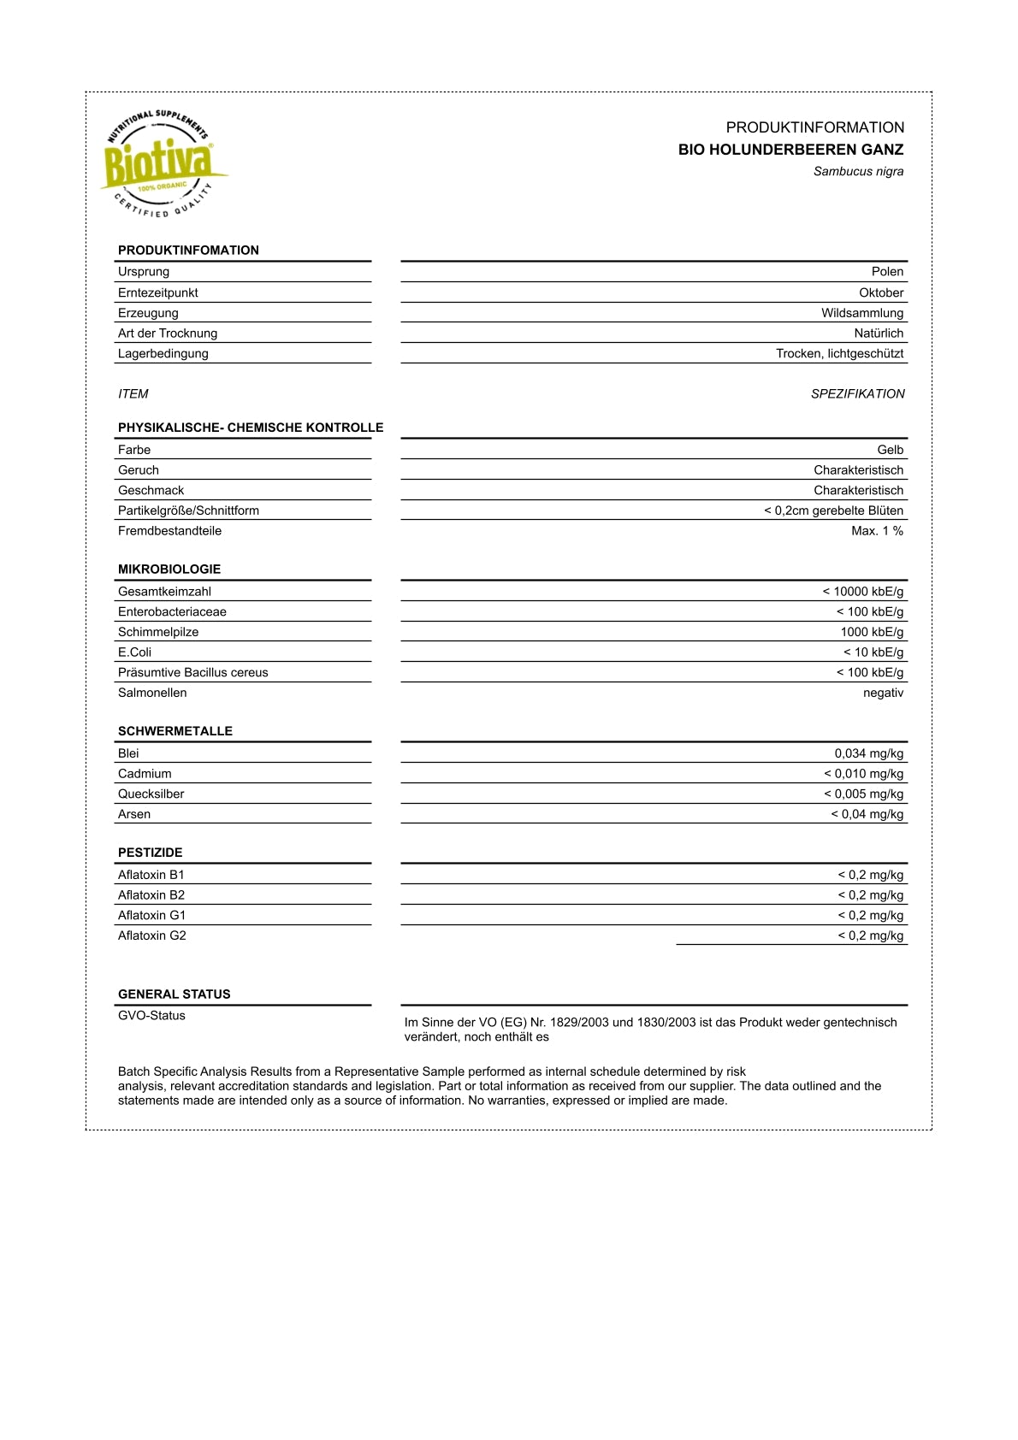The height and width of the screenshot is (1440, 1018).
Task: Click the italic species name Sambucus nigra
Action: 858,171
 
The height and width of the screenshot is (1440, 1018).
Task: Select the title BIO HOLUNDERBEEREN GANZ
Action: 790,150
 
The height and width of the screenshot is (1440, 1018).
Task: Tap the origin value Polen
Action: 887,272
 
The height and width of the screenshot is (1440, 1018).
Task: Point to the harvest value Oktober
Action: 881,292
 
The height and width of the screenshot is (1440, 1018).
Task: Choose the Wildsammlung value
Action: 862,313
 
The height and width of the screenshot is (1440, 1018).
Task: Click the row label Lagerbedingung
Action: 163,353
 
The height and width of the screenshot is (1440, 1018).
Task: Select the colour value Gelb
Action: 890,450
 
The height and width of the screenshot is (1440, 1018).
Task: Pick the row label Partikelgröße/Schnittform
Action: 188,510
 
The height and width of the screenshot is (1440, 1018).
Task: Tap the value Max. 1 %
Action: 877,531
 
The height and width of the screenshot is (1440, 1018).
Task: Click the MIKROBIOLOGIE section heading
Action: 169,570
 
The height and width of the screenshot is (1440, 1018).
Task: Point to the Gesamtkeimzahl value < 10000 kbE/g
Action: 862,592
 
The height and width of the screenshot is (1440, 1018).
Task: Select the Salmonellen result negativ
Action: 883,693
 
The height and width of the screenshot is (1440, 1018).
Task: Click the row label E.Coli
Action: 134,652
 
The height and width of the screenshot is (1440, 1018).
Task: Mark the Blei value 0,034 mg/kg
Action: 868,753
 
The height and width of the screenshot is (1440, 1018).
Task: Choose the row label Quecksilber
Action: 151,794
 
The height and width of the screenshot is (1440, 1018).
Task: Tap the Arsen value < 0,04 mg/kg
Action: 867,814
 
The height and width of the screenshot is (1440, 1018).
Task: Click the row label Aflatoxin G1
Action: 151,915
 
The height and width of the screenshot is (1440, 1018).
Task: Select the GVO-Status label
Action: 151,1015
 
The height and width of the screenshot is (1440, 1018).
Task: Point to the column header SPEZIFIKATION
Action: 857,394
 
